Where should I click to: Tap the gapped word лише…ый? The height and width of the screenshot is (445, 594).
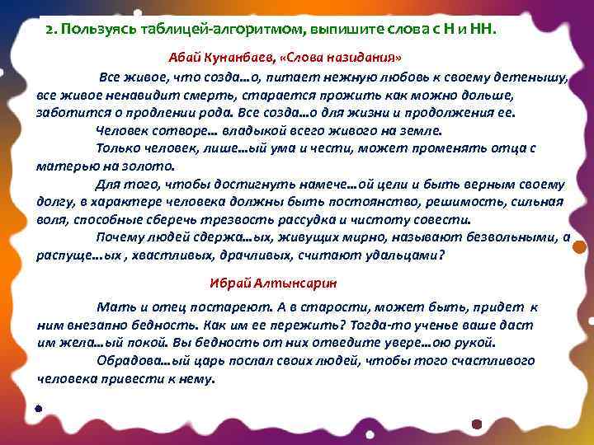[233, 148]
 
